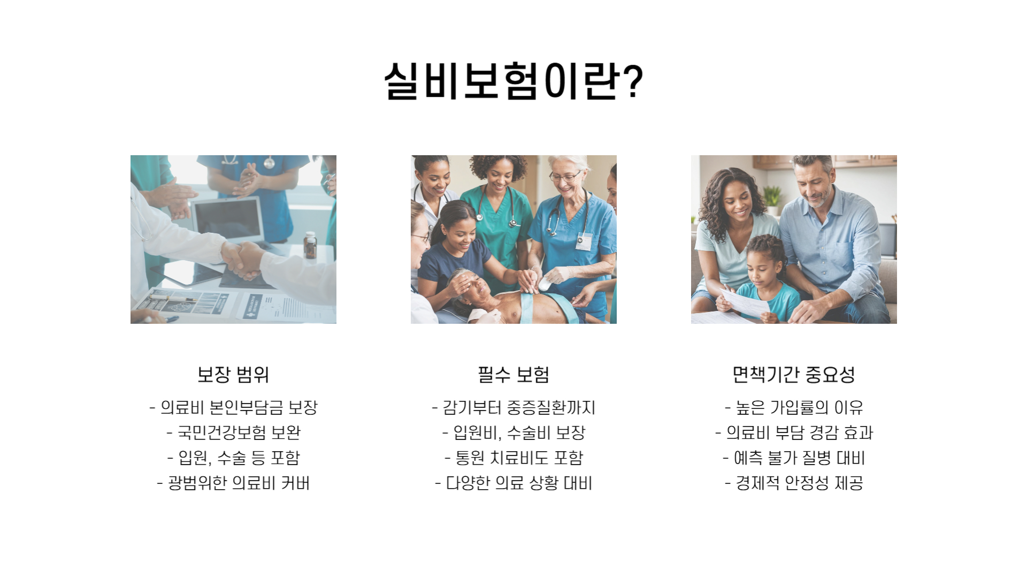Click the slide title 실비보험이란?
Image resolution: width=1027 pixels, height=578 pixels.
click(x=513, y=81)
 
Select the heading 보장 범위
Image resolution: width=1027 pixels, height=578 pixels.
click(x=233, y=374)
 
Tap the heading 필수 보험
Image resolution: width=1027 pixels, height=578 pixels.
click(x=513, y=374)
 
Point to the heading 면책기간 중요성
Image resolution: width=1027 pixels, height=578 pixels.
click(x=794, y=374)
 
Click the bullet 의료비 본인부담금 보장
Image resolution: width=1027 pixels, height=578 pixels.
click(x=234, y=408)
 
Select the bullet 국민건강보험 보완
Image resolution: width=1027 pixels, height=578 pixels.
click(x=234, y=432)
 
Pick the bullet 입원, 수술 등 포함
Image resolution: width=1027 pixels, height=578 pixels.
click(x=234, y=458)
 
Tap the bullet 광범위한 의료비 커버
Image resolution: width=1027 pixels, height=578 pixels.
click(x=234, y=483)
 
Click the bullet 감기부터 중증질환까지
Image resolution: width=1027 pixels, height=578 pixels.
click(x=513, y=408)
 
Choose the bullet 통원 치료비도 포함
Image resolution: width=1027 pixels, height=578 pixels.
click(x=513, y=458)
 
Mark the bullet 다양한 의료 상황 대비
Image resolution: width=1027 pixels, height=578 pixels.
click(x=513, y=483)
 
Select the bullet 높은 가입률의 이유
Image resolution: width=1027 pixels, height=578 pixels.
click(x=794, y=408)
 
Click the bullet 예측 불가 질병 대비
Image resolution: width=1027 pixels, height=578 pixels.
click(x=794, y=458)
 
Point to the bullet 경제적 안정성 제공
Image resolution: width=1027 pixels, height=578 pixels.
click(x=794, y=483)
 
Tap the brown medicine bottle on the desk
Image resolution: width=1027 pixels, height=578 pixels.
click(x=310, y=245)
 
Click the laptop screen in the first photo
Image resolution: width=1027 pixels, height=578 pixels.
click(x=228, y=219)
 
